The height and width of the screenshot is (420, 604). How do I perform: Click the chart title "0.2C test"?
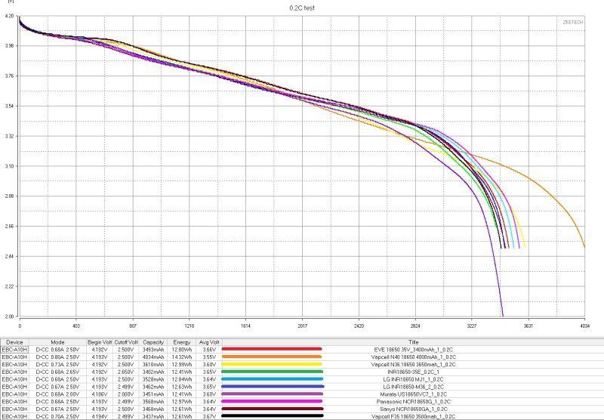(x=302, y=7)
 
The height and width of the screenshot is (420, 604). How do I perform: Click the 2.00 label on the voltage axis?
(x=10, y=317)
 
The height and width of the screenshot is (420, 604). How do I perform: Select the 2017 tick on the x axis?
(x=302, y=326)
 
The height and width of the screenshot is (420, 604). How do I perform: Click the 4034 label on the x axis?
(x=584, y=326)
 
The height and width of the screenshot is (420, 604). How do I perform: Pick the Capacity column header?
(x=153, y=341)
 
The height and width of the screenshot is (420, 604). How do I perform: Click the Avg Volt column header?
(x=209, y=341)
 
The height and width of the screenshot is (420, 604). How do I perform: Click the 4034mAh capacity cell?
(x=153, y=357)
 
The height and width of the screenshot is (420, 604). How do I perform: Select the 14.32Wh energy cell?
(x=182, y=357)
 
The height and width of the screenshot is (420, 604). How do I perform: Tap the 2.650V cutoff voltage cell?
(x=128, y=372)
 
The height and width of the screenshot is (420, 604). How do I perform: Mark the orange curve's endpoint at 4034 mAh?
(x=584, y=246)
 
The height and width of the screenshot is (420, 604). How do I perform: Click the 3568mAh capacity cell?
(x=153, y=401)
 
